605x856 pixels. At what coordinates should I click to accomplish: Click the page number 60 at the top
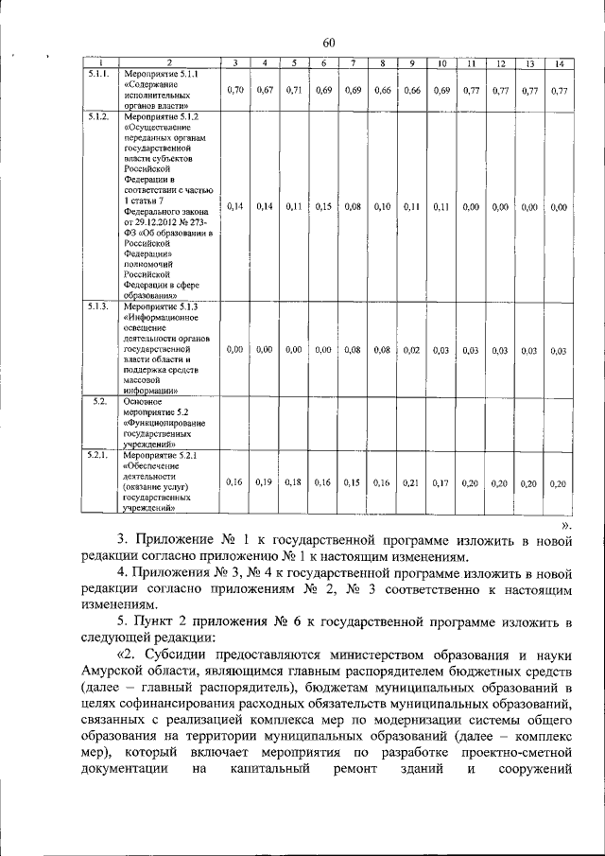coord(329,41)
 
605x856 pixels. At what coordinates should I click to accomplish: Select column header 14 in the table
coord(560,63)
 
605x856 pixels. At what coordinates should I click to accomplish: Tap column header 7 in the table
coord(353,63)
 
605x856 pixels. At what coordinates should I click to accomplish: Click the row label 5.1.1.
coord(97,74)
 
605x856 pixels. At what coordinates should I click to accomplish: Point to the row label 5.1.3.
coord(97,308)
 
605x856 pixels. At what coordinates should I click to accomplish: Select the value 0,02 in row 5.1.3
coord(411,350)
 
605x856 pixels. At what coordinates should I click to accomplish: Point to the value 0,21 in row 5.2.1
coord(411,482)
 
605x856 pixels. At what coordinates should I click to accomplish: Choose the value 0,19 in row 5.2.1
coord(264,482)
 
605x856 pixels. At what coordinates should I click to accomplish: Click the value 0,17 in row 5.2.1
coord(440,482)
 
